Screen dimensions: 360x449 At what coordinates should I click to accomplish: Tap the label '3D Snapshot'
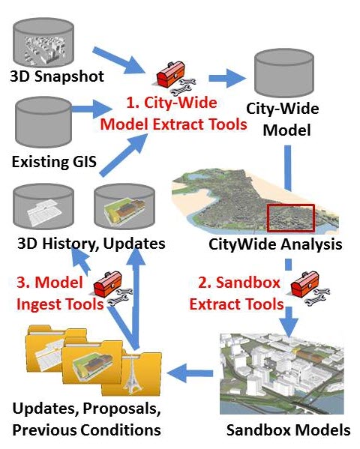click(57, 76)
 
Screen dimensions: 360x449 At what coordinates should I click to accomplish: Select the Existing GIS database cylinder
click(43, 122)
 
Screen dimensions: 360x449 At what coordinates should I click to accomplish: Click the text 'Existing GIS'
click(54, 161)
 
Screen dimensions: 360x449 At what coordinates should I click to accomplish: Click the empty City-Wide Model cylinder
click(284, 73)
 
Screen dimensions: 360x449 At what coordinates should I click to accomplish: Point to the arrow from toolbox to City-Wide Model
click(227, 78)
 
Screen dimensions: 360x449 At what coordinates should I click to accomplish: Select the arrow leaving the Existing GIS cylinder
click(91, 109)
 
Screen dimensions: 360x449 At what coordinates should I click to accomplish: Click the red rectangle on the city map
click(291, 218)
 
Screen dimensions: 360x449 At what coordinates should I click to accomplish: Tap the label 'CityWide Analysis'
click(275, 244)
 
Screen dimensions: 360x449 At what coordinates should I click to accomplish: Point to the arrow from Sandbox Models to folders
click(190, 373)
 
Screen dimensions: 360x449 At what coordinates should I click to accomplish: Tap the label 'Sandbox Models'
click(288, 430)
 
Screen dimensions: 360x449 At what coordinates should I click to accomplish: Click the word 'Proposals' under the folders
click(121, 409)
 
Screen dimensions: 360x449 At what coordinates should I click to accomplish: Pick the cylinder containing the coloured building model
click(124, 206)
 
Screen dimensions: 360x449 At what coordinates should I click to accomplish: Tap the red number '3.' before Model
click(23, 283)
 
